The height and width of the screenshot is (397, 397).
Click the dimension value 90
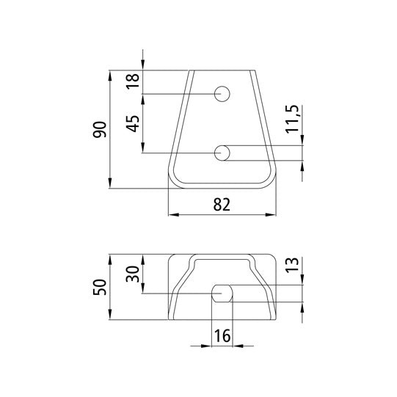101,129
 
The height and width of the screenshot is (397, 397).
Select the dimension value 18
133,81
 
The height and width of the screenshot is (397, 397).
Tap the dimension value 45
133,123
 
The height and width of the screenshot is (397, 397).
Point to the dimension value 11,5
293,119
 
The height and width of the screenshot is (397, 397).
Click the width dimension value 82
223,205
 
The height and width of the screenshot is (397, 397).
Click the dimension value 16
222,336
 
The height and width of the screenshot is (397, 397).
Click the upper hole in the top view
223,93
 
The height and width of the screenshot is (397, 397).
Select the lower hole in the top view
223,153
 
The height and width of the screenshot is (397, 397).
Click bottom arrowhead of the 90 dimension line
110,184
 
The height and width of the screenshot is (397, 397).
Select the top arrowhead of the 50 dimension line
110,259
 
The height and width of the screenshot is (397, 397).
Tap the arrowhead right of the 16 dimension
238,346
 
